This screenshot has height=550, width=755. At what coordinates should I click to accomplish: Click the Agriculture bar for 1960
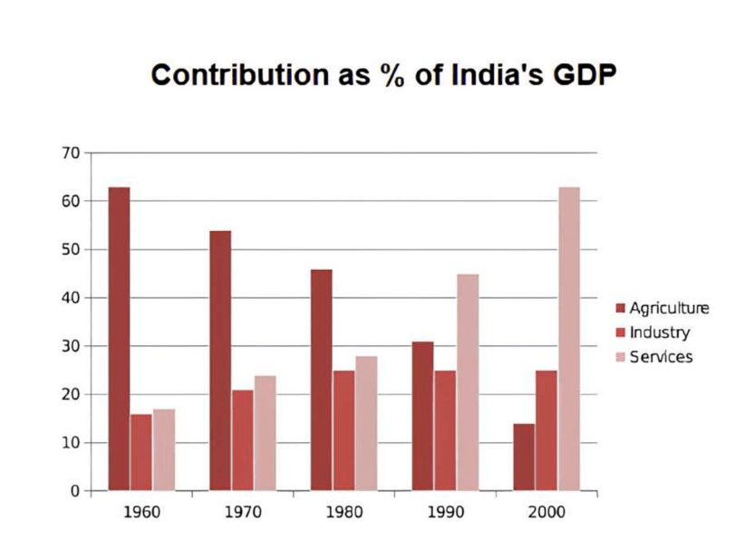point(120,339)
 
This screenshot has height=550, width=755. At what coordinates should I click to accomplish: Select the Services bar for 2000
point(569,339)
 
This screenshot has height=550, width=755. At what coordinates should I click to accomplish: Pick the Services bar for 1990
point(468,382)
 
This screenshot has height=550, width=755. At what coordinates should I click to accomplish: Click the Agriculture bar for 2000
point(524,457)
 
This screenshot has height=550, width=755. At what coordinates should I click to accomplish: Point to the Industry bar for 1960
point(141,452)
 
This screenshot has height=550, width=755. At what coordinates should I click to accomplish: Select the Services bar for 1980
point(366,423)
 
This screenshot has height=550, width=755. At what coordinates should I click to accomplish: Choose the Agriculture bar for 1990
point(423,416)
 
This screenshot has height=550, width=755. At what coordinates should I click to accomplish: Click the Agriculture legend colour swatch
point(622,309)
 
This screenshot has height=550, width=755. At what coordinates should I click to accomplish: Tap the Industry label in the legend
point(660,333)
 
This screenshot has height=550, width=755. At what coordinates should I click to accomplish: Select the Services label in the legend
point(662,356)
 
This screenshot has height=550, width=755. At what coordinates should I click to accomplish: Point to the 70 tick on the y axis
point(71,152)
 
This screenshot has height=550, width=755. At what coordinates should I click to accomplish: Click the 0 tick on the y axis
point(75,491)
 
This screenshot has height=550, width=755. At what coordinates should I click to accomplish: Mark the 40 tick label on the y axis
point(71,297)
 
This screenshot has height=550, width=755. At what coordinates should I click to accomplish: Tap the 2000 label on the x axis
point(547,512)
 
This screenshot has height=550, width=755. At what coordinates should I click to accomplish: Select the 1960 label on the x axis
point(141,512)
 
